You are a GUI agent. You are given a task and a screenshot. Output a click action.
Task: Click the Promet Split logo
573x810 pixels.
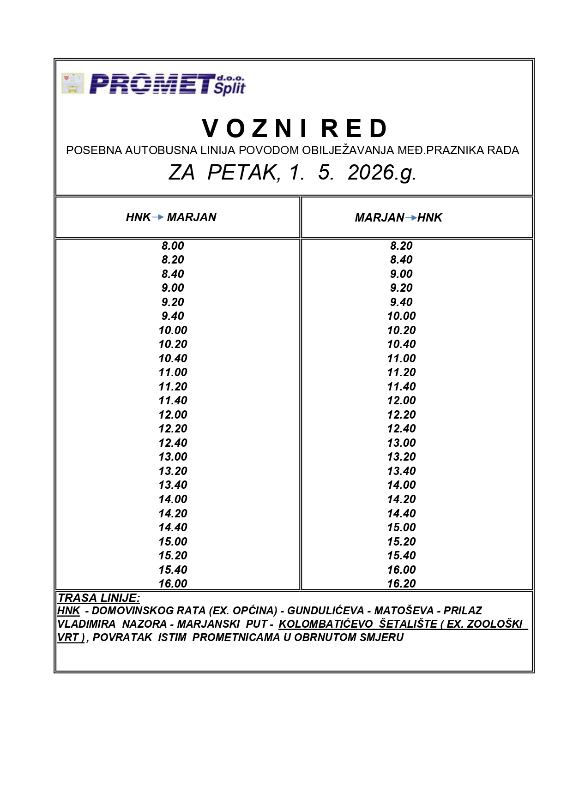point(153,84)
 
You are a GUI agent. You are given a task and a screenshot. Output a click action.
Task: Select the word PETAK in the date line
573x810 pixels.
point(243,173)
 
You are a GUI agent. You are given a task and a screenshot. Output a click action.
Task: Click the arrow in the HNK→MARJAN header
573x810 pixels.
point(158,217)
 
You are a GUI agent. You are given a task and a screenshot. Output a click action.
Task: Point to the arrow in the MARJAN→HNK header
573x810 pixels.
point(410,217)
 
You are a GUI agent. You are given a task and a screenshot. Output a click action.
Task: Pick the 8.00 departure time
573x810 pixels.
point(173,246)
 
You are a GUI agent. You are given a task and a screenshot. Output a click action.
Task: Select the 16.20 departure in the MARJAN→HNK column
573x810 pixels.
point(401,583)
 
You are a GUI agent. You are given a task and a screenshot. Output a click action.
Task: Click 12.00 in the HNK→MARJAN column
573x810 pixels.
point(173,414)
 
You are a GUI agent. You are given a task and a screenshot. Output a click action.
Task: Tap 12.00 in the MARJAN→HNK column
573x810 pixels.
point(401,400)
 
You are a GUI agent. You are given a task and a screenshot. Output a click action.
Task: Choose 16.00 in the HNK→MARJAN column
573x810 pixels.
point(173,583)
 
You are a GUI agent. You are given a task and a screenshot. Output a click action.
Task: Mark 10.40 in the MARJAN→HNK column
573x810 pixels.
point(401,344)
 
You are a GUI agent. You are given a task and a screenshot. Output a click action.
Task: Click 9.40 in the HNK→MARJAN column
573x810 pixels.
point(173,316)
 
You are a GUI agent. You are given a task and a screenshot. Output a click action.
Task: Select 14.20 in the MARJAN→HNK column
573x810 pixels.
point(401,499)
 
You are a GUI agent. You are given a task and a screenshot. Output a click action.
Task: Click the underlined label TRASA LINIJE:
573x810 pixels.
point(99,598)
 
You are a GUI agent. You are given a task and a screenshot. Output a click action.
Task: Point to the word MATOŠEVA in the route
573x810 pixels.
point(404,611)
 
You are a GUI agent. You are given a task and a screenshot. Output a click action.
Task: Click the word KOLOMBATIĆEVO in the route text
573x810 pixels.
point(326,624)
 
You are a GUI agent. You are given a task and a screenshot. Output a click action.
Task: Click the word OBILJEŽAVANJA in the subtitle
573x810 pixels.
point(348,150)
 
